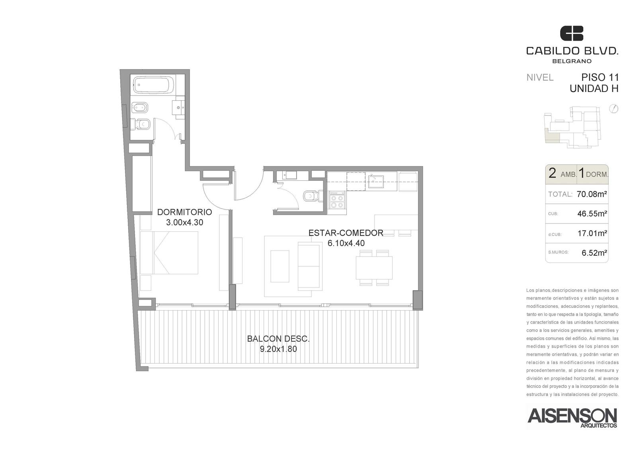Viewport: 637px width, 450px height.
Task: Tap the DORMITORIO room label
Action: coord(185,212)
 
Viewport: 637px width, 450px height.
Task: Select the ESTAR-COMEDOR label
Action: coord(346,233)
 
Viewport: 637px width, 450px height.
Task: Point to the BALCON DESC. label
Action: coord(278,339)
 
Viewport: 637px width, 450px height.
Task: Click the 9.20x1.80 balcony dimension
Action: coord(278,349)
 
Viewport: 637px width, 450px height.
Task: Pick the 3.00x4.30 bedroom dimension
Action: coord(185,223)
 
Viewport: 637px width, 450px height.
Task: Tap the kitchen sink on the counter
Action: coord(376,182)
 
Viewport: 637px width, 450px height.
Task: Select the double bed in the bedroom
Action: coord(169,252)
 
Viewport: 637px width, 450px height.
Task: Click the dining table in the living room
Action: coord(374,268)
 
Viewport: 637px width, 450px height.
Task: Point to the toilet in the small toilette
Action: coord(313,196)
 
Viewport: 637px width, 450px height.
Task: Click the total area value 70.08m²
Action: coord(592,194)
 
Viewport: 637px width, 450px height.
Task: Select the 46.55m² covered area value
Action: coord(592,213)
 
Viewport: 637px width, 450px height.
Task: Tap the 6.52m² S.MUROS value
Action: coord(594,252)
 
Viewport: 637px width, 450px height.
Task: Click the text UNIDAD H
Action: coord(594,89)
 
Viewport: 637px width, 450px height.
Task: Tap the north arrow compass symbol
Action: coord(614,109)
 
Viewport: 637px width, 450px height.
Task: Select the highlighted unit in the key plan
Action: coord(552,136)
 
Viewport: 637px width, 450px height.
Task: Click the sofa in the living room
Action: coord(310,266)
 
